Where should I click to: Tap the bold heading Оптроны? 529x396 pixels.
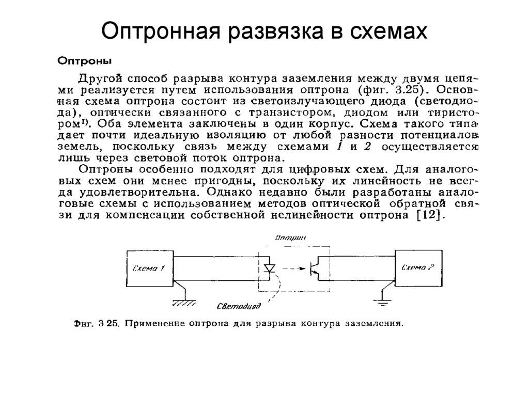tap(84, 60)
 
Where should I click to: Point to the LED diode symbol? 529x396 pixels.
tap(269, 268)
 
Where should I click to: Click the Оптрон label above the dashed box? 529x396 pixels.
tap(290, 238)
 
